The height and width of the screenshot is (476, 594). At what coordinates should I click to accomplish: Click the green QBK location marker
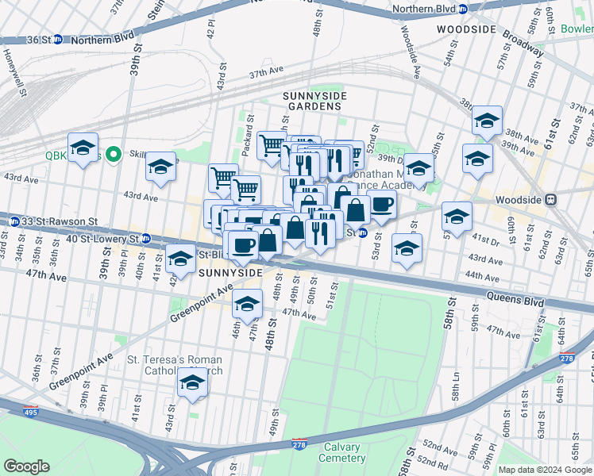click(x=114, y=155)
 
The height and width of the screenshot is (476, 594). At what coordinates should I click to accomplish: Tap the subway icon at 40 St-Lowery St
click(x=145, y=238)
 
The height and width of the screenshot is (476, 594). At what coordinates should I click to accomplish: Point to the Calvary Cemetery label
click(x=343, y=452)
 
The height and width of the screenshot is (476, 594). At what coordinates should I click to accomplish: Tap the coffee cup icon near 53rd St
click(x=381, y=204)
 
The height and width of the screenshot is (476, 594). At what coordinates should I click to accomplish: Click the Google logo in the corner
click(x=26, y=466)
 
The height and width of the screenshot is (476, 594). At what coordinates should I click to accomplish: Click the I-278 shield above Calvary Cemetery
click(x=299, y=442)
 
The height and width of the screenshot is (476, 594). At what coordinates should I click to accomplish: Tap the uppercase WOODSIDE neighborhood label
click(x=466, y=29)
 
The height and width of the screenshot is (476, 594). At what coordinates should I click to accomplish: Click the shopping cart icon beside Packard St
click(x=272, y=145)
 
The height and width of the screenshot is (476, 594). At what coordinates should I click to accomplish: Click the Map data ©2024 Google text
click(x=544, y=470)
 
